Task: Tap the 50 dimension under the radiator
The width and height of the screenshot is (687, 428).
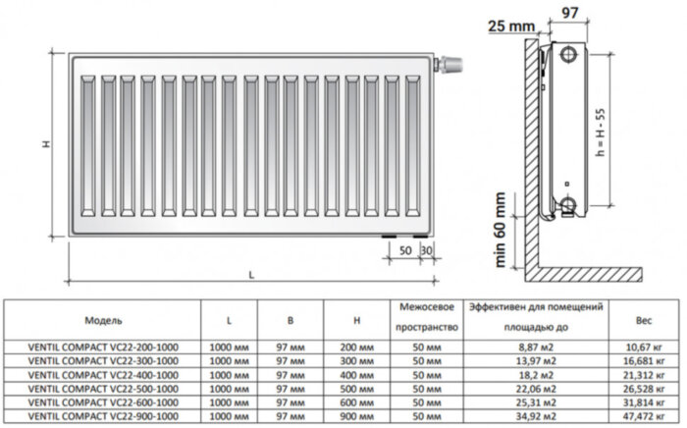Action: click(405, 251)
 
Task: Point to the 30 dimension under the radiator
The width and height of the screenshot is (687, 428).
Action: click(426, 251)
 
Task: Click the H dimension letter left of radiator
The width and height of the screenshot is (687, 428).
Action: click(45, 144)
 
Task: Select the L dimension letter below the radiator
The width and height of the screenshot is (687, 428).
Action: click(250, 274)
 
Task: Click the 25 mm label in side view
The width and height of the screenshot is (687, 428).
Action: click(507, 24)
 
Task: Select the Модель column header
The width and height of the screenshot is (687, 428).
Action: click(104, 320)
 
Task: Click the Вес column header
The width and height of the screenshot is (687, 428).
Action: click(643, 320)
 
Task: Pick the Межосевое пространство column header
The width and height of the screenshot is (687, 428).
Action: click(425, 317)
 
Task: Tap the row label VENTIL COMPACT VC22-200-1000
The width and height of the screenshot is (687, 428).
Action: click(104, 347)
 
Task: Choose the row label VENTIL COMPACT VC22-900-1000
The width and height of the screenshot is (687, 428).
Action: click(104, 417)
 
